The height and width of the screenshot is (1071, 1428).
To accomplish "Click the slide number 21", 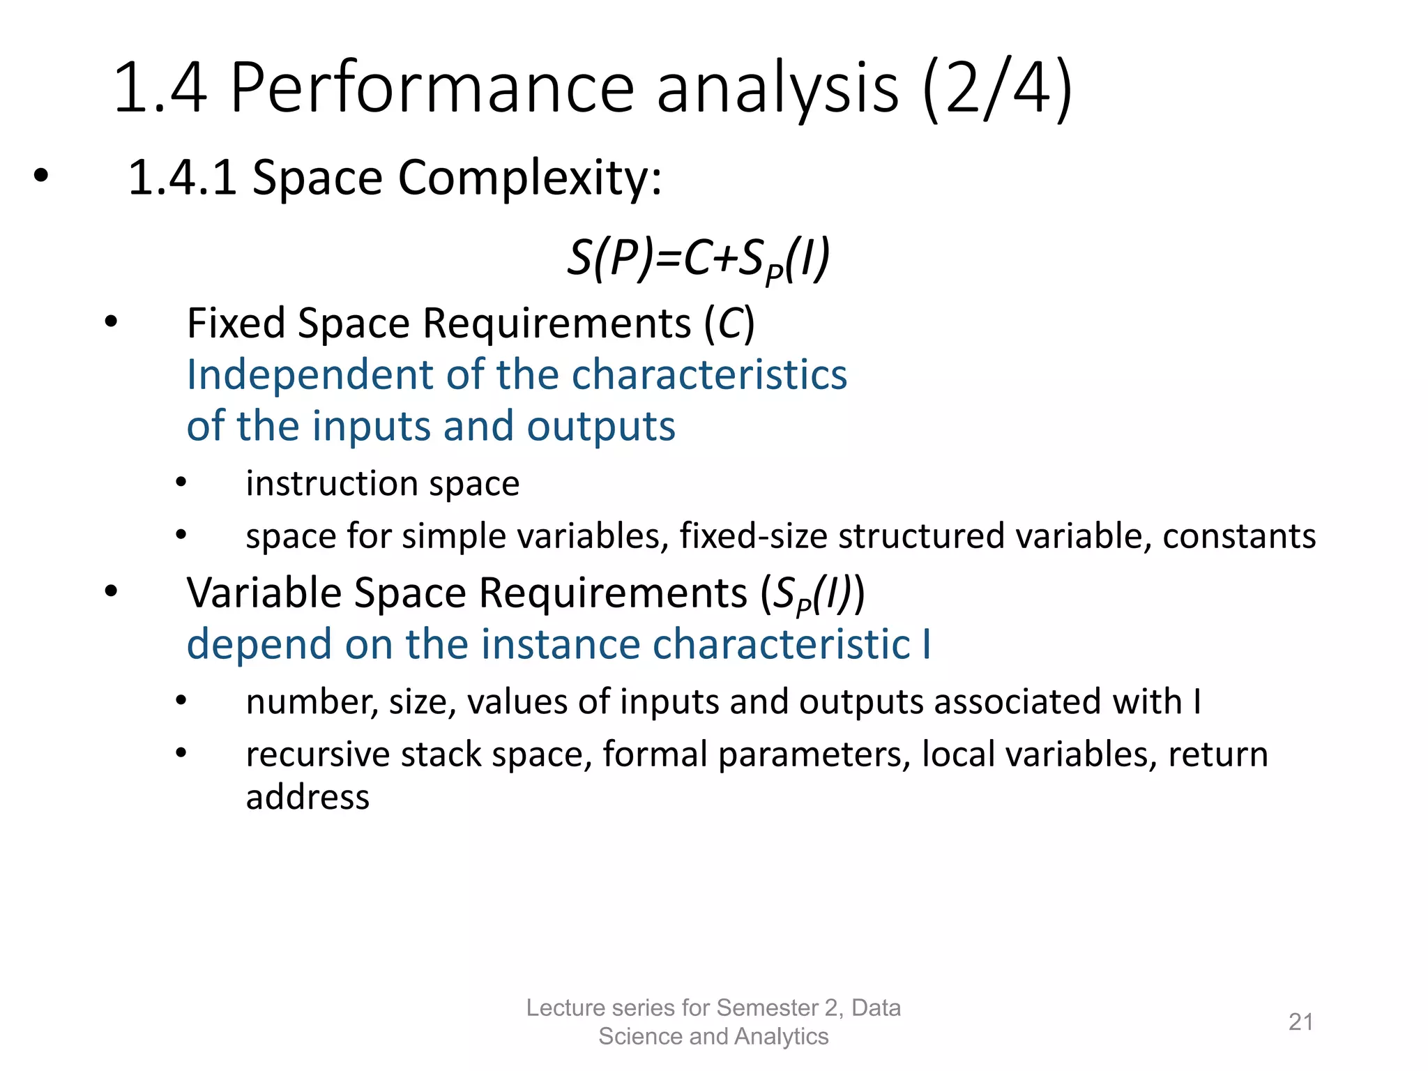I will point(1300,1021).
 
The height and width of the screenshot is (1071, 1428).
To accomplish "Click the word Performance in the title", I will point(432,89).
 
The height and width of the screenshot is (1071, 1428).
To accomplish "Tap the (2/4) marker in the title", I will point(997,89).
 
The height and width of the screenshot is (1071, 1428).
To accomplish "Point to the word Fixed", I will point(236,324).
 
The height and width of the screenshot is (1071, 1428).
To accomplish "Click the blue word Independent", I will point(311,375).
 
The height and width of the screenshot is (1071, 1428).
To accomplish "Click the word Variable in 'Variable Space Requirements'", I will point(264,593).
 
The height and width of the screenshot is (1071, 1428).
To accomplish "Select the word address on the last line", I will point(307,797).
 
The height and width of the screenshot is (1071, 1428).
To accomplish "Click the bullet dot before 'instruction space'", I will point(181,483).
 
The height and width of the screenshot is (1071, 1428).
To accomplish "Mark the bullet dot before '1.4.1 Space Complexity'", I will point(41,177).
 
